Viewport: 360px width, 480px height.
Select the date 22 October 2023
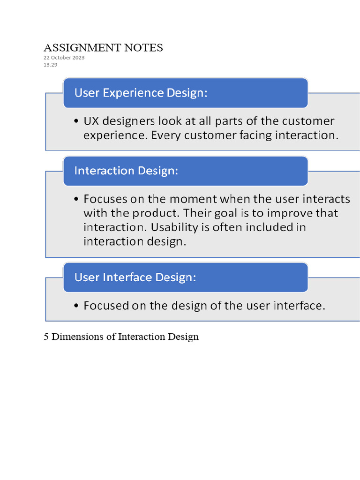coord(64,58)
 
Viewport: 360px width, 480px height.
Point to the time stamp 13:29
coord(51,65)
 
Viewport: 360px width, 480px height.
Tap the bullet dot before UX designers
coord(77,122)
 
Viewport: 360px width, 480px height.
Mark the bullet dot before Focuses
coord(77,199)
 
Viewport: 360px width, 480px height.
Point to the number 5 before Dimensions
coord(46,337)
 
